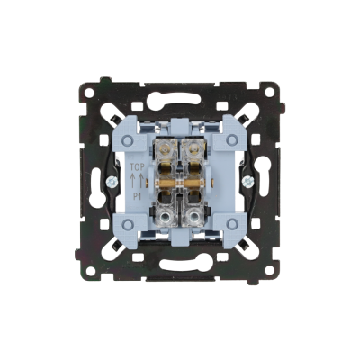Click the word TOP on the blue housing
click(x=137, y=167)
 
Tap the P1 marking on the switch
click(x=137, y=195)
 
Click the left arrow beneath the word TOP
click(x=133, y=181)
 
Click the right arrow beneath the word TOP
click(x=140, y=181)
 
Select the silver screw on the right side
click(x=248, y=181)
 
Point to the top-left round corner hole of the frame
click(x=88, y=92)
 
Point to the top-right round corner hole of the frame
click(x=271, y=92)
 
